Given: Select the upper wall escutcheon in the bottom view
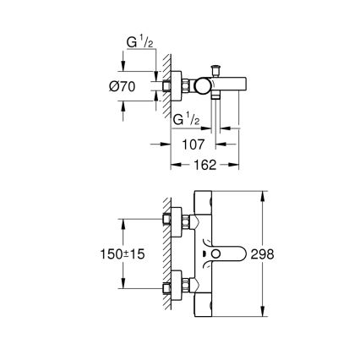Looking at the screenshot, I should pyautogui.click(x=180, y=221).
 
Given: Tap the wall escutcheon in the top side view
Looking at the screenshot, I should pyautogui.click(x=180, y=85).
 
